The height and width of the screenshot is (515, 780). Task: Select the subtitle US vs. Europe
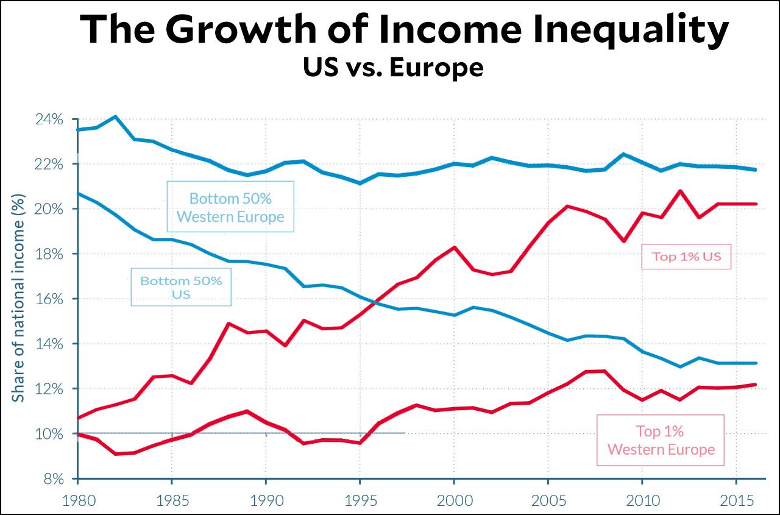coord(393,67)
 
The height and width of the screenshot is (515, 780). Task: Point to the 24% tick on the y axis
coord(49,119)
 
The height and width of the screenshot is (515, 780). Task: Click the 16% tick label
coord(49,299)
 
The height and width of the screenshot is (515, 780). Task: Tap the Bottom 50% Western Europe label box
coord(230,207)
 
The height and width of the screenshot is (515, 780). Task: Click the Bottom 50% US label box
coord(181,288)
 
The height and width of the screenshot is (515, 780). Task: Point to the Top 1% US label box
coord(686,257)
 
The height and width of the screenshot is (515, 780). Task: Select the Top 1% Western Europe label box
coord(661,440)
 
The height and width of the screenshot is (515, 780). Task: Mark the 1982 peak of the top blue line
coord(116,116)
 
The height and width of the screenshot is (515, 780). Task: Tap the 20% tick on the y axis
coord(49,209)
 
